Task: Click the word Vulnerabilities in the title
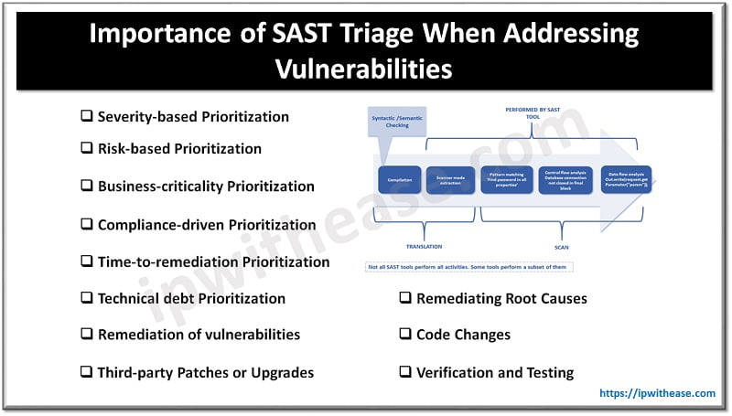coord(365,69)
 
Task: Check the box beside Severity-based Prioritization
coord(87,117)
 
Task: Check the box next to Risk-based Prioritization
coord(87,148)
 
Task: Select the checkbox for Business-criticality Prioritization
coord(87,186)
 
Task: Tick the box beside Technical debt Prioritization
coord(87,298)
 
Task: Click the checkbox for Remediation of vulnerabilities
coord(87,335)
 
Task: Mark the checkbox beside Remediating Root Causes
coord(405,298)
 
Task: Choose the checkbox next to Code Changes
coord(405,335)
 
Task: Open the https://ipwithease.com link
coord(657,394)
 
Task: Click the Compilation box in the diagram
coord(398,180)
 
